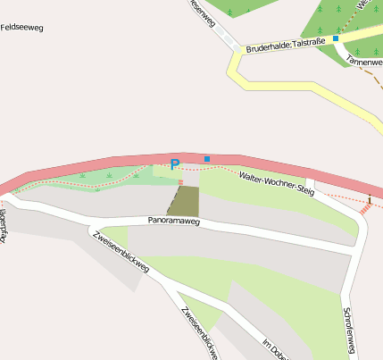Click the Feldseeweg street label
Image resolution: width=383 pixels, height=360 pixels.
coord(21,28)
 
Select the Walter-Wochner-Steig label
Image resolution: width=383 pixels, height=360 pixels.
coord(277,184)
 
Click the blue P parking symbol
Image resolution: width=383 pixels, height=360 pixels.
coord(175,164)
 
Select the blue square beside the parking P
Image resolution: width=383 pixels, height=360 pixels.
coord(207,159)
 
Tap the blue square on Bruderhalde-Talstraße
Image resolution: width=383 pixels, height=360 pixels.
coord(336,38)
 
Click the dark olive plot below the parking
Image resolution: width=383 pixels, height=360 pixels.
coord(183,201)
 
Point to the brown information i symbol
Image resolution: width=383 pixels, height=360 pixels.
coord(370,200)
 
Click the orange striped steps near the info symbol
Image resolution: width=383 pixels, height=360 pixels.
coord(365,210)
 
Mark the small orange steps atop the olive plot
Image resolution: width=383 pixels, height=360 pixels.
coord(180,182)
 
